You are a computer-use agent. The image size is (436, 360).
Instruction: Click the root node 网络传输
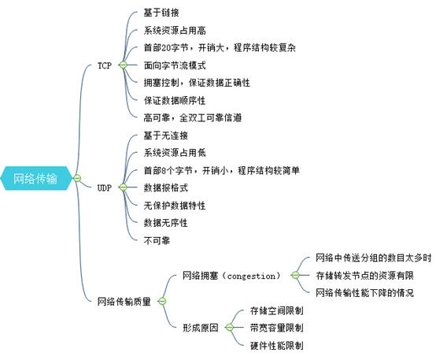[x=35, y=179]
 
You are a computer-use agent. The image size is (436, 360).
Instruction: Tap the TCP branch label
[x=105, y=65]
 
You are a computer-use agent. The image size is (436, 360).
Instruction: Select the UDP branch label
[x=105, y=187]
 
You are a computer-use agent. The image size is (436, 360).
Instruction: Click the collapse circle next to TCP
[x=123, y=65]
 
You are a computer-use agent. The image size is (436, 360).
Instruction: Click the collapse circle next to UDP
[x=123, y=187]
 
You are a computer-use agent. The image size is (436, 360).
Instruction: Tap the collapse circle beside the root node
[x=77, y=178]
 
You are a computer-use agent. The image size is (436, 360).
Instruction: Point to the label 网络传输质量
[x=124, y=302]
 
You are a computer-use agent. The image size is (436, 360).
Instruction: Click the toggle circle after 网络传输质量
[x=162, y=301]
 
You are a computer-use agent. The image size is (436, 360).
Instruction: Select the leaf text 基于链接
[x=161, y=13]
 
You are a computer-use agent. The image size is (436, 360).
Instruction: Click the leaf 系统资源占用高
[x=175, y=31]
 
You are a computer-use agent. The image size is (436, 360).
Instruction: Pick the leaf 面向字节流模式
[x=175, y=65]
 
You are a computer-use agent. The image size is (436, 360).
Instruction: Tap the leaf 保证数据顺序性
[x=175, y=101]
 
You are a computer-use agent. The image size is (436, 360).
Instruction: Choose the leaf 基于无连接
[x=166, y=135]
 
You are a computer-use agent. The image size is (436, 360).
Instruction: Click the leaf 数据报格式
[x=166, y=187]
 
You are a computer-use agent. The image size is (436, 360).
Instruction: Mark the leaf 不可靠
[x=157, y=240]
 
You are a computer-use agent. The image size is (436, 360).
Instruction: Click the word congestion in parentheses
[x=251, y=276]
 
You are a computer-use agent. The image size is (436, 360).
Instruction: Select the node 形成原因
[x=201, y=328]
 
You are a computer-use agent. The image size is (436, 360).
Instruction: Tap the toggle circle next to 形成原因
[x=229, y=328]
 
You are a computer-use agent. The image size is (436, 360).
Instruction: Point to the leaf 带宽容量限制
[x=277, y=328]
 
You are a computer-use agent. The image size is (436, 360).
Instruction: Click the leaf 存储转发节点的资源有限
[x=364, y=276]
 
